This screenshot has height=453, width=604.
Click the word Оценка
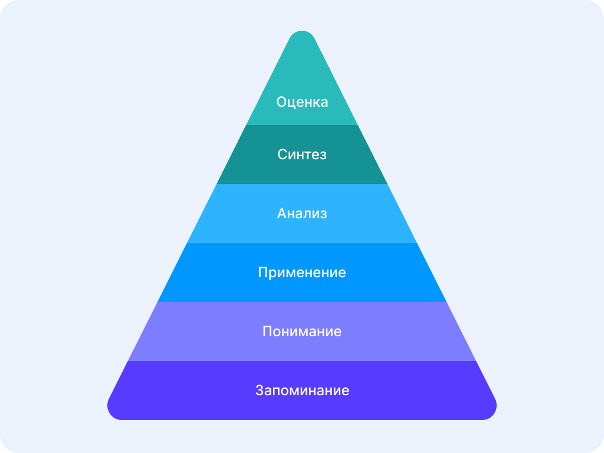click(x=302, y=102)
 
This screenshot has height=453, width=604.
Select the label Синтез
click(x=302, y=155)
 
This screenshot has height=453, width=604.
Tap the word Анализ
click(x=302, y=214)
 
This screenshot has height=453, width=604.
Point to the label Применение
click(x=302, y=273)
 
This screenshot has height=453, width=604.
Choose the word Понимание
click(x=302, y=331)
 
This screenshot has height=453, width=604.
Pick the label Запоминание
click(x=302, y=390)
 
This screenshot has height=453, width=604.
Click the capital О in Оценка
click(x=282, y=102)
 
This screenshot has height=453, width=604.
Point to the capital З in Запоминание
click(x=260, y=390)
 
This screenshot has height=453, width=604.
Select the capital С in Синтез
click(x=283, y=155)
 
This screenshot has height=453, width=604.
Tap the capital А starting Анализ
click(x=282, y=214)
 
